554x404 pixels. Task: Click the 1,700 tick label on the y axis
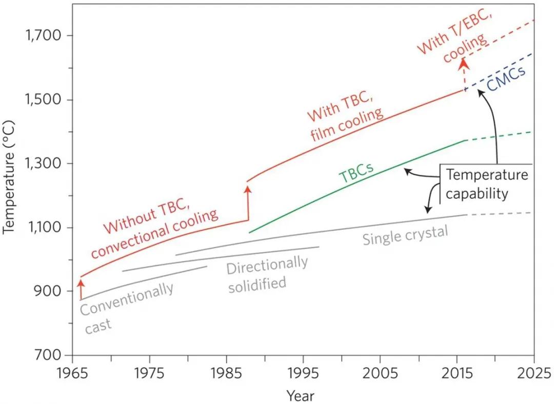[x=43, y=36]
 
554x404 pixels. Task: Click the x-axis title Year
[x=301, y=395]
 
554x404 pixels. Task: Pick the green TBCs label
[x=356, y=173]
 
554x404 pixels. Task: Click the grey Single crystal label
[x=405, y=235]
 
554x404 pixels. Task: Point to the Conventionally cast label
[x=126, y=308]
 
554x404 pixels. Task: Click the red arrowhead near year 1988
[x=248, y=189]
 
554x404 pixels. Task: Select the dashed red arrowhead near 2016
[x=464, y=63]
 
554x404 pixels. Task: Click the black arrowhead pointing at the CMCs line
[x=479, y=92]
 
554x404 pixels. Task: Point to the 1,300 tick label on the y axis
[x=43, y=164]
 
